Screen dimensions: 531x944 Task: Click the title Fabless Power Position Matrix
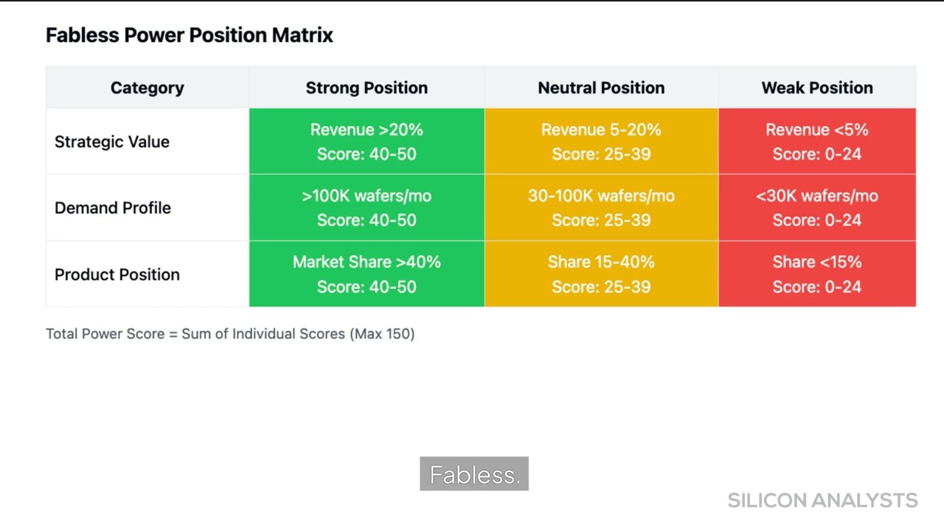[x=190, y=35]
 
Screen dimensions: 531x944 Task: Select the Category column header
[x=147, y=88]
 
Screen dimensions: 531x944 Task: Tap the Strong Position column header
[x=367, y=88]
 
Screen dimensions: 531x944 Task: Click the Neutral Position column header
[x=601, y=88]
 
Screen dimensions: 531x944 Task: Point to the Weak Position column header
[x=817, y=88]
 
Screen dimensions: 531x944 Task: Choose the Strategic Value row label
[x=112, y=142]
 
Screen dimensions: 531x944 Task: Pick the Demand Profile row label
[x=113, y=208]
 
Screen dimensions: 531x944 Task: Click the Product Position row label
[x=117, y=274]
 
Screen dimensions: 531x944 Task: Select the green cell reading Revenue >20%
[x=367, y=142]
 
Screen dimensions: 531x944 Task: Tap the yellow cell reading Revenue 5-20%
[x=601, y=142]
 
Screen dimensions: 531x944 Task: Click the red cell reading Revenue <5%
[x=817, y=142]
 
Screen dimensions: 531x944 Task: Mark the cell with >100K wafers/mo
[x=367, y=208]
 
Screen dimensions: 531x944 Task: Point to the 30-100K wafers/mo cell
[x=601, y=208]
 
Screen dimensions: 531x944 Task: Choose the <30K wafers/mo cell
[x=817, y=208]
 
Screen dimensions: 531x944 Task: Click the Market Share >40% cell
[x=367, y=274]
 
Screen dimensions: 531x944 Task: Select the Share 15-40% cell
[x=601, y=274]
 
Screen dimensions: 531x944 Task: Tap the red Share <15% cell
[x=817, y=274]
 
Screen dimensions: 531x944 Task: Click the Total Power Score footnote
[x=230, y=333]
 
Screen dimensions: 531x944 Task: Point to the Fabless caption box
[x=474, y=474]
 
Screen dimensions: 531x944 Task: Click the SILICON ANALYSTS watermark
[x=822, y=500]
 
